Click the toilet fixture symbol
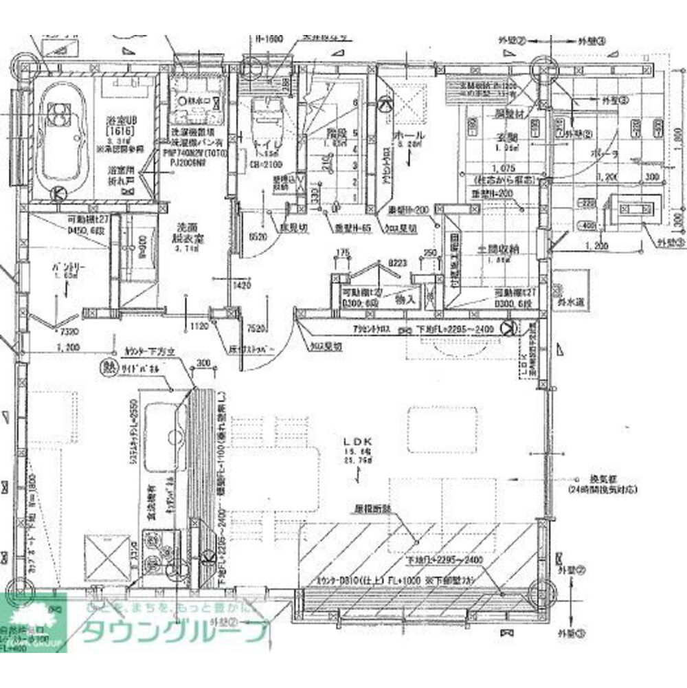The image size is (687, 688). point(262,118)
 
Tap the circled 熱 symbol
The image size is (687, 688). point(108,367)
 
